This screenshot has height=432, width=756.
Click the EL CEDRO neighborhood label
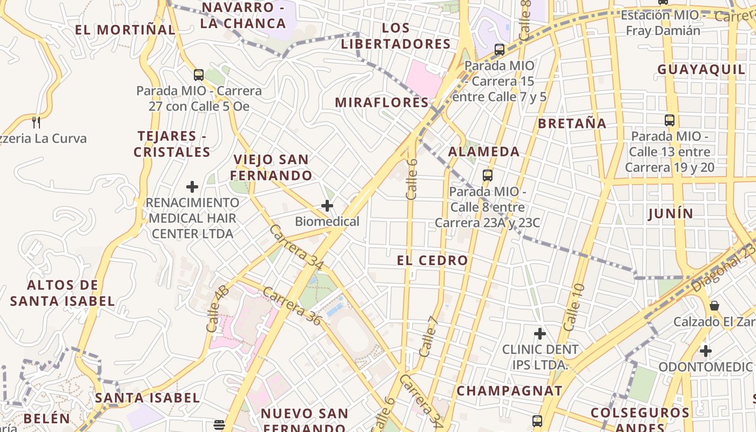[x=433, y=260]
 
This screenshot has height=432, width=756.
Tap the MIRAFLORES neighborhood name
[x=382, y=102]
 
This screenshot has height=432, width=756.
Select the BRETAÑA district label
[x=572, y=123]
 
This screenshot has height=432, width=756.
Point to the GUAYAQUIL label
[x=701, y=69]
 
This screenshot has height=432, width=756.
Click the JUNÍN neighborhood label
[x=670, y=213]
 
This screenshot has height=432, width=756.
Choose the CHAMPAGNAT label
[x=509, y=390]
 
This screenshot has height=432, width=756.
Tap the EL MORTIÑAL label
[x=125, y=29]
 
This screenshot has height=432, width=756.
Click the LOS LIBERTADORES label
[x=395, y=36]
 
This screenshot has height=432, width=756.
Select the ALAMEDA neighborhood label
[x=484, y=151]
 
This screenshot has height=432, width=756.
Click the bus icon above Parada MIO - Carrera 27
[x=199, y=75]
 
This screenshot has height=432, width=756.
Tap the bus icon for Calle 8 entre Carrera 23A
[x=488, y=175]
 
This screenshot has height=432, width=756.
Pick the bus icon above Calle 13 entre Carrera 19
[x=670, y=120]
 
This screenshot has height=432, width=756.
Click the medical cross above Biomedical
[x=327, y=206]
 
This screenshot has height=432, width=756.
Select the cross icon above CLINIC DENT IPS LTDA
[x=539, y=334]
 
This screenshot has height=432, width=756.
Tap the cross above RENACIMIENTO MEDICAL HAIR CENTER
[x=192, y=187]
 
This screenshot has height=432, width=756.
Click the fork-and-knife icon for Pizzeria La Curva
[x=36, y=122]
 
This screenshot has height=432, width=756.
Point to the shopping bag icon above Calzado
[x=714, y=306]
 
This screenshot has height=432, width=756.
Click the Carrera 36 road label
[x=292, y=306]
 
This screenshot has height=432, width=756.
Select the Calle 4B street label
[x=217, y=308]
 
